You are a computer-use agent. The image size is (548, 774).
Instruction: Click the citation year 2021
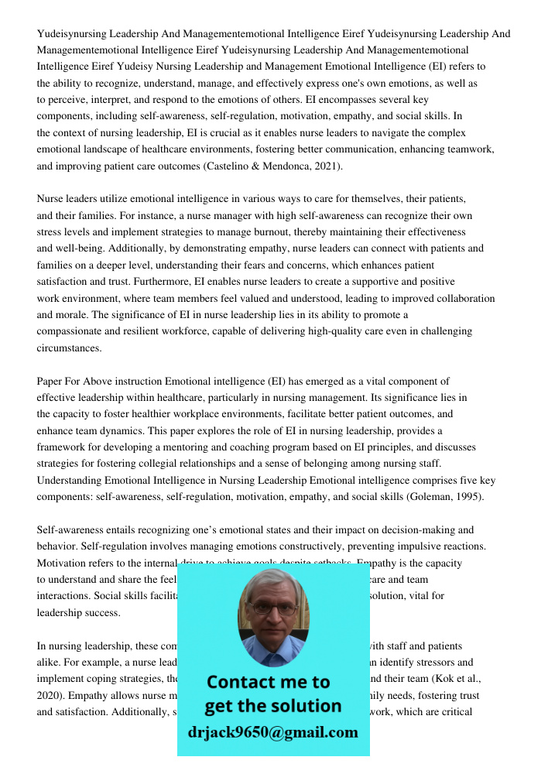click(x=326, y=166)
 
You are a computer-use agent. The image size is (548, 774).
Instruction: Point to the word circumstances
click(x=69, y=348)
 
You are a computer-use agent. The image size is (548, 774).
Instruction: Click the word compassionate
click(x=75, y=331)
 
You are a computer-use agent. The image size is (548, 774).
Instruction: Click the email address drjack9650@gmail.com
click(x=272, y=732)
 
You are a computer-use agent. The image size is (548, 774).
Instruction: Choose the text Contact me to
click(x=269, y=682)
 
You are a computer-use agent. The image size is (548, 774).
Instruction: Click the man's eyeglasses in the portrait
click(x=272, y=608)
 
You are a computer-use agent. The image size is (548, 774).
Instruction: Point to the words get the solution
click(x=272, y=706)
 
